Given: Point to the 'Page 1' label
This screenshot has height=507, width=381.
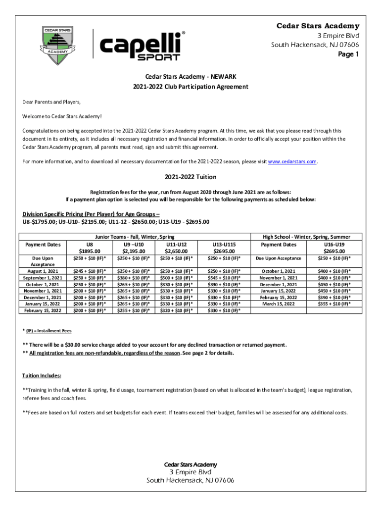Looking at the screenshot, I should pyautogui.click(x=349, y=54).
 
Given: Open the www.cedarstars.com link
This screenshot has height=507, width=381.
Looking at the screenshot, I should pyautogui.click(x=292, y=161).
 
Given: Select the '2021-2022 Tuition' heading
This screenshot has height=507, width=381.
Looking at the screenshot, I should pyautogui.click(x=190, y=177).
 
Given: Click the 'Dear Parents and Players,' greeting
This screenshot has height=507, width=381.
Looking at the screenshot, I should pyautogui.click(x=51, y=102).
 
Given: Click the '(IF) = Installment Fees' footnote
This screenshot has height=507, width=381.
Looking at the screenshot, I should pyautogui.click(x=49, y=330).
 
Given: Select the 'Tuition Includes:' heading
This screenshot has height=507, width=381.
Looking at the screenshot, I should pyautogui.click(x=42, y=376).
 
